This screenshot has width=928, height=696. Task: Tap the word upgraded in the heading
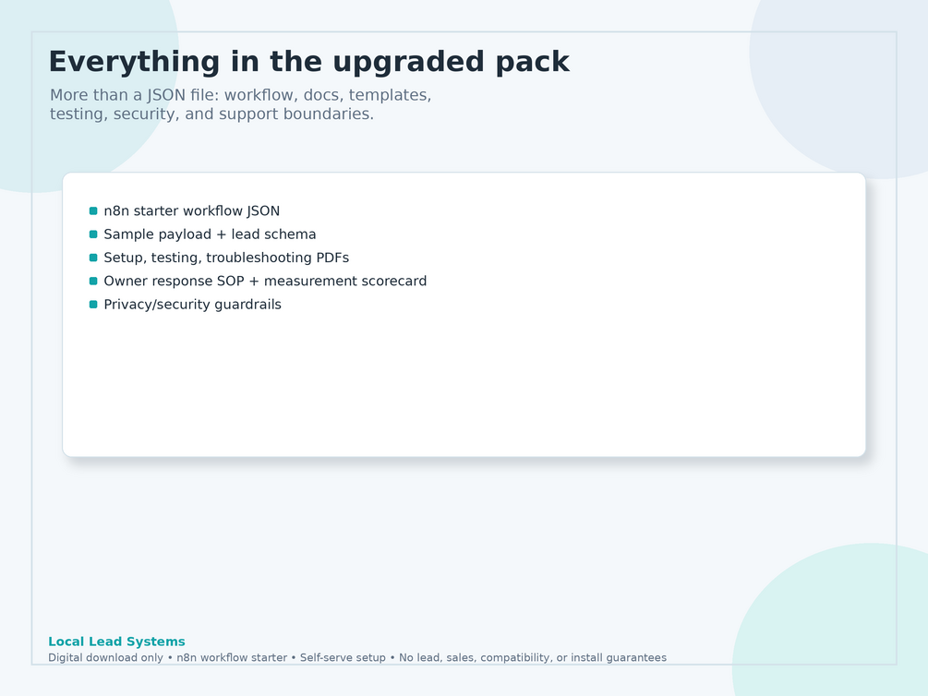point(408,62)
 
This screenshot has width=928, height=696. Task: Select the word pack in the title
point(533,62)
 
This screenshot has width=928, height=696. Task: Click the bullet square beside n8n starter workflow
point(93,210)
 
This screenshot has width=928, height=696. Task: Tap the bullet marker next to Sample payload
point(93,234)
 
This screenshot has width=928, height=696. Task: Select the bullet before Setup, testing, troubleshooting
point(93,258)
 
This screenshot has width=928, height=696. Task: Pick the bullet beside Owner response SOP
point(93,282)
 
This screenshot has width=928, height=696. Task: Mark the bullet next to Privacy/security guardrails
point(93,305)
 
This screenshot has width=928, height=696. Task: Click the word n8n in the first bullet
point(116,211)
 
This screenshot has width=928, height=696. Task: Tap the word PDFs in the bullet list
point(332,258)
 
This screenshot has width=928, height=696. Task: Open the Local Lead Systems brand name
point(116,642)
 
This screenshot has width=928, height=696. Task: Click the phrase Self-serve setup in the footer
point(343,657)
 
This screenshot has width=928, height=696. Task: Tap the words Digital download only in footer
point(105,657)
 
